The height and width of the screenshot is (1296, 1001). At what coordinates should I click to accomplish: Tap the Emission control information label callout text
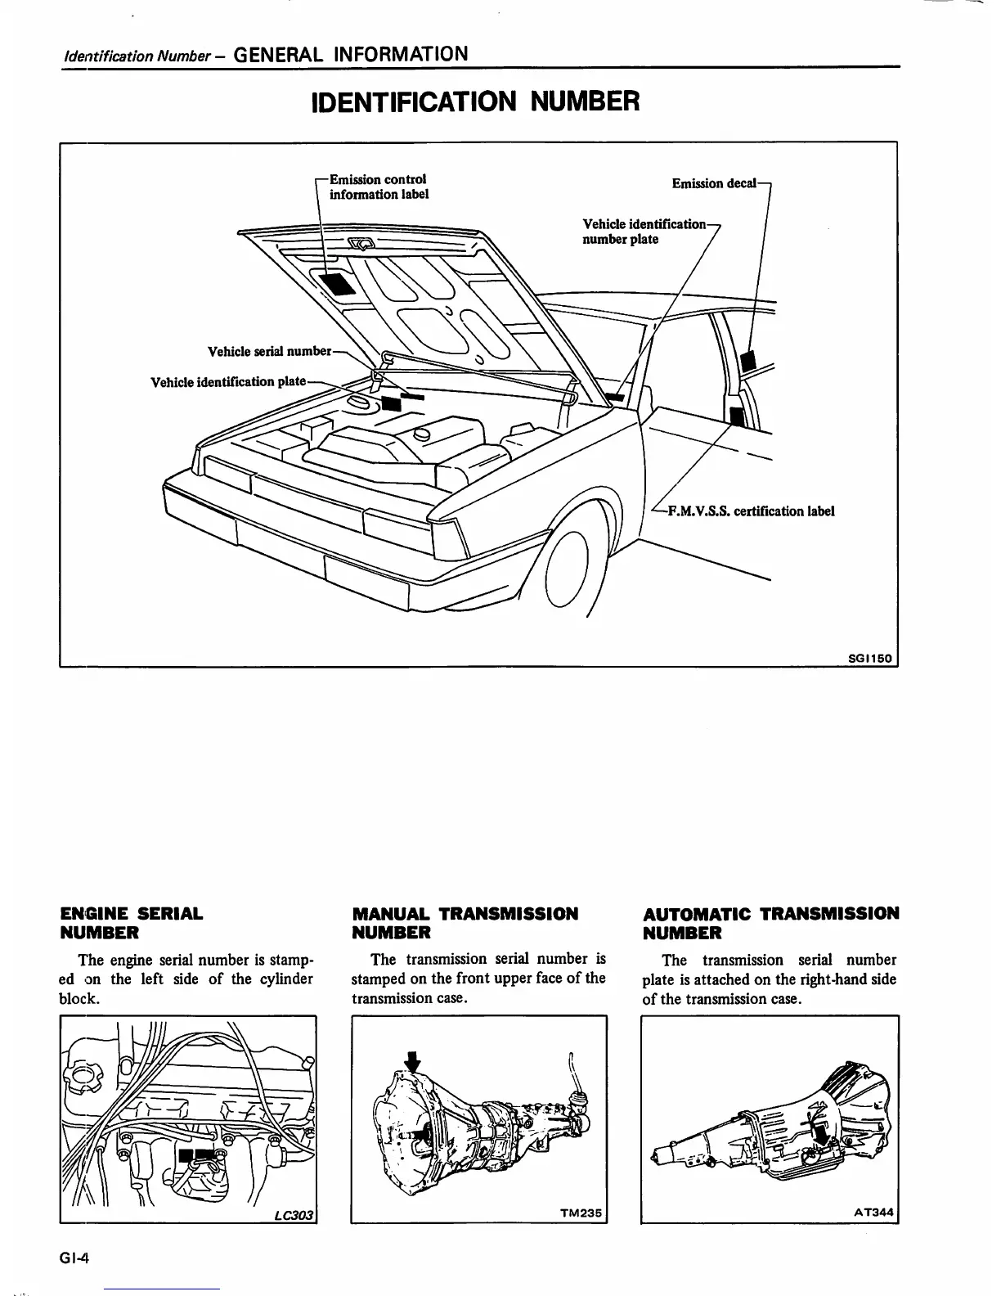click(378, 187)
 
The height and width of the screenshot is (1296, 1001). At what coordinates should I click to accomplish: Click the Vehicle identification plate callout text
click(228, 382)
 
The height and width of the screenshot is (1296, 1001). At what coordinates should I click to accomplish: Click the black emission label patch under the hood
click(336, 283)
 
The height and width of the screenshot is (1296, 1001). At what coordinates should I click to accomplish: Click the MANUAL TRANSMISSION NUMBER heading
click(465, 923)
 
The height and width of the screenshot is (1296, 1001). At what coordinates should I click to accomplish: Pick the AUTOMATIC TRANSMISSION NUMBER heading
click(771, 923)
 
